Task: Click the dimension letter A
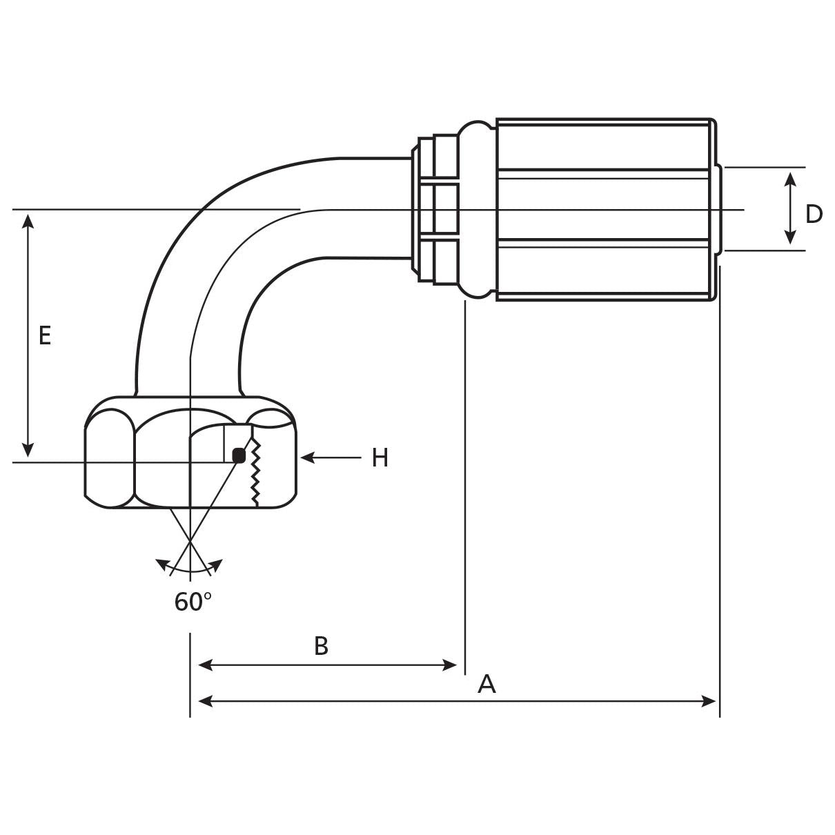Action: click(x=487, y=685)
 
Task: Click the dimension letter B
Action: click(x=321, y=647)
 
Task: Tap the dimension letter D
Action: click(x=814, y=214)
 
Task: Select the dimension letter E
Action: click(x=45, y=336)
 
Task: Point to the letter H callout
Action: click(x=380, y=458)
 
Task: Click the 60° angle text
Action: click(x=193, y=602)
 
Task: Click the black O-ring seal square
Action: click(x=239, y=455)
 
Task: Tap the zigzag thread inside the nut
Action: click(x=256, y=473)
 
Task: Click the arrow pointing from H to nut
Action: click(x=331, y=457)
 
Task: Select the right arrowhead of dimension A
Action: click(x=711, y=702)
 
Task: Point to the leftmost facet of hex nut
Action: click(x=109, y=457)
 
